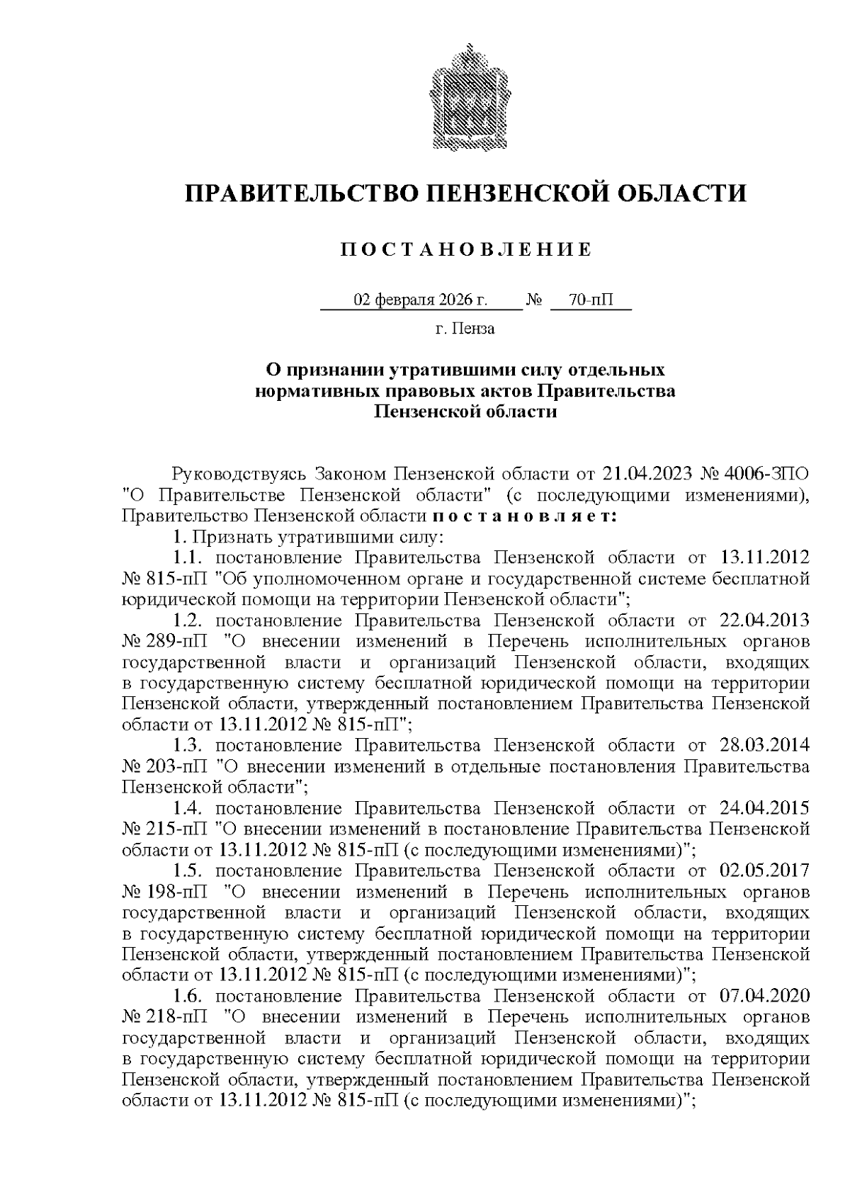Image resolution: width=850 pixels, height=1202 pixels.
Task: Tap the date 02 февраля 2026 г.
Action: click(421, 300)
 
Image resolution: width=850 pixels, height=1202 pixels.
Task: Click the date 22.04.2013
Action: click(764, 620)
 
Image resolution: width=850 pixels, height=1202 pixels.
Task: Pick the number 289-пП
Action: click(178, 642)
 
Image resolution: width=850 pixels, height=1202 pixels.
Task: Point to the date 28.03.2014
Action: click(764, 745)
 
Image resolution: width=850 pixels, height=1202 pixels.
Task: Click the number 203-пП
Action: click(178, 766)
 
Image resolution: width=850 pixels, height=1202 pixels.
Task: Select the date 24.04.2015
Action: click(764, 807)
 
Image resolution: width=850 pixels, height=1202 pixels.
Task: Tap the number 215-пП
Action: click(178, 829)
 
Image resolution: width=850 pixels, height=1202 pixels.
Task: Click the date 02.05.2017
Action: click(764, 871)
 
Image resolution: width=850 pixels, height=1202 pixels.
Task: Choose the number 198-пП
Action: click(178, 891)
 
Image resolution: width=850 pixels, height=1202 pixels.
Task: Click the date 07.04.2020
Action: click(764, 996)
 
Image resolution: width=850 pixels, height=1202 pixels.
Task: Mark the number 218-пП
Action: click(178, 1017)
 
